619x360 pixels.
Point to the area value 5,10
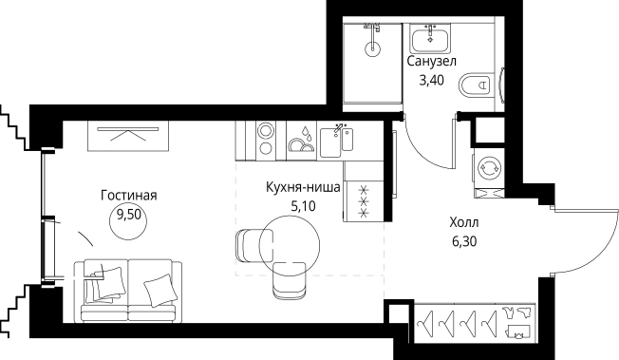[x=301, y=204]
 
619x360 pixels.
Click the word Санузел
[x=432, y=62]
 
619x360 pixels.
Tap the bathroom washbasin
[x=432, y=38]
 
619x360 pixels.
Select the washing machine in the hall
[x=491, y=167]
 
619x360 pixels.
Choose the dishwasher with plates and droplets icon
[x=303, y=141]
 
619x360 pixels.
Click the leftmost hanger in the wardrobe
[x=423, y=323]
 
